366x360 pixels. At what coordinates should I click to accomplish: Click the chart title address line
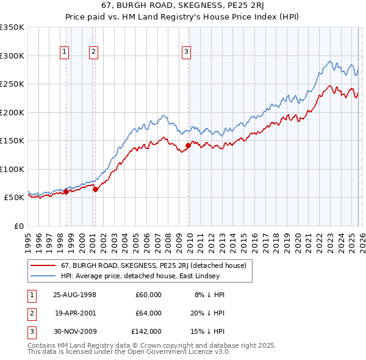pyautogui.click(x=183, y=5)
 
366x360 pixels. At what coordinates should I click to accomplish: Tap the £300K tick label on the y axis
pyautogui.click(x=12, y=56)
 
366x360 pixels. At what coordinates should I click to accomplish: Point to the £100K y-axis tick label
pyautogui.click(x=12, y=169)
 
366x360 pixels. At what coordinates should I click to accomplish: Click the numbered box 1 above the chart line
pyautogui.click(x=65, y=52)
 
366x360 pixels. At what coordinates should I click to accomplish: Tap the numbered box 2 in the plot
pyautogui.click(x=93, y=52)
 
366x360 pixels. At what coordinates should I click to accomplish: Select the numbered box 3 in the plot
pyautogui.click(x=187, y=52)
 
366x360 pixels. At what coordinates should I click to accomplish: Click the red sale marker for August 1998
pyautogui.click(x=66, y=192)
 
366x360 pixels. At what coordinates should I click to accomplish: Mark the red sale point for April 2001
pyautogui.click(x=95, y=190)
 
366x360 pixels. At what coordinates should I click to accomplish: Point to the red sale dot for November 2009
pyautogui.click(x=188, y=145)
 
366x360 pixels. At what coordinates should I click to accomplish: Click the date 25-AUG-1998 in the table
pyautogui.click(x=75, y=295)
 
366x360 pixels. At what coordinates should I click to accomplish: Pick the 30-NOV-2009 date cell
pyautogui.click(x=76, y=331)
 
